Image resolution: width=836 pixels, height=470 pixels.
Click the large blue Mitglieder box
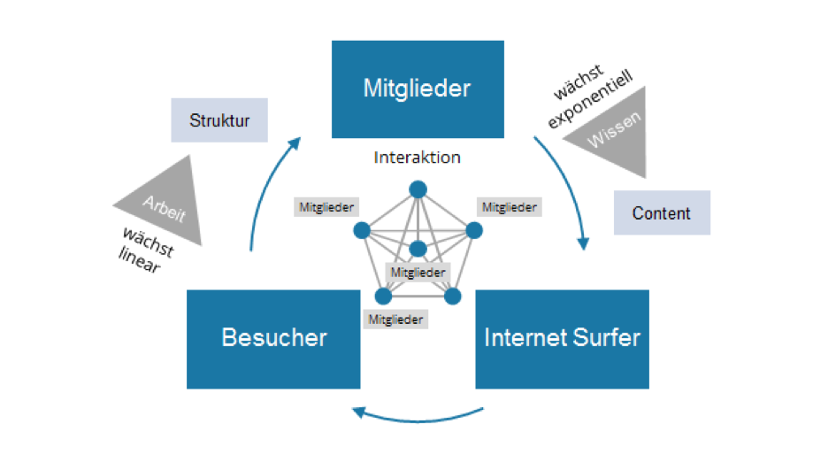click(418, 89)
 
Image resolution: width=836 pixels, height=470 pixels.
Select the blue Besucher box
click(273, 338)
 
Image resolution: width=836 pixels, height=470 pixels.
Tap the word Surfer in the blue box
click(603, 337)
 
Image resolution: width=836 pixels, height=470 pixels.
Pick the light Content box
click(662, 213)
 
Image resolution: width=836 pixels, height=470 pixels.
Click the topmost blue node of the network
click(418, 189)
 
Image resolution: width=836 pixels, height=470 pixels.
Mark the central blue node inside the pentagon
click(418, 250)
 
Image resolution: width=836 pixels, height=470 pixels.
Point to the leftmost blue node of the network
click(361, 230)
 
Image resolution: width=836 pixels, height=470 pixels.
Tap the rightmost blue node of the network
click(474, 230)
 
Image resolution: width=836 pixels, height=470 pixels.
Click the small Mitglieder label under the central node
click(418, 273)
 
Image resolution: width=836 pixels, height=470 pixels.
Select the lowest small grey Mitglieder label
click(396, 320)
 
